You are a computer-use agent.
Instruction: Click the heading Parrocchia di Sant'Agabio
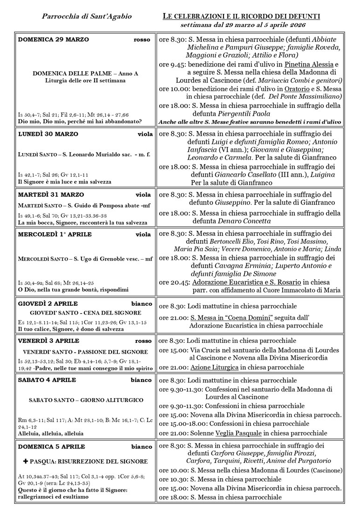coord(87,17)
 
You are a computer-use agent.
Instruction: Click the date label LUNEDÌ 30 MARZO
coord(48,134)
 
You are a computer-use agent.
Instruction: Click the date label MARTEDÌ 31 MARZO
coord(51,194)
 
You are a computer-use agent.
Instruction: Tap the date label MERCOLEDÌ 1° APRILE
coord(54,234)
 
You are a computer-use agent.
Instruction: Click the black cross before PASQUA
coord(26,461)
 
